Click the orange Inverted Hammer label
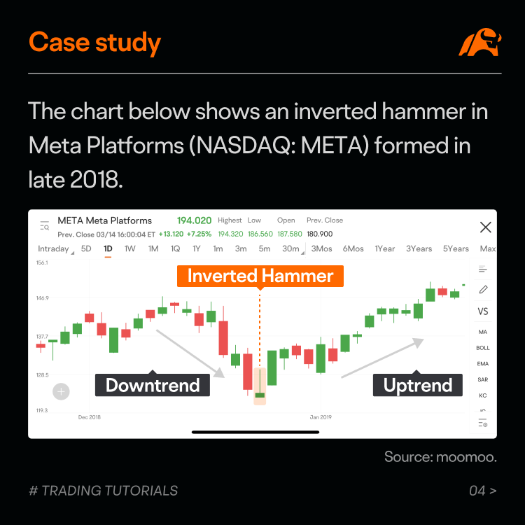[260, 276]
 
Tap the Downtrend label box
[153, 385]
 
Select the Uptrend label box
[417, 385]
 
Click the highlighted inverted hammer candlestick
[260, 386]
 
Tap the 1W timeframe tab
[130, 248]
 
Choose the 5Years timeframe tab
[456, 248]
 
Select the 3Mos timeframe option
[321, 248]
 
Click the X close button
[486, 227]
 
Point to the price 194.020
[194, 220]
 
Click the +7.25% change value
[199, 234]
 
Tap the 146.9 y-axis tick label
[42, 298]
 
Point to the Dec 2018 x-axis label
[90, 417]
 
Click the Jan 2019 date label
[321, 417]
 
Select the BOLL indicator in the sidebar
[483, 348]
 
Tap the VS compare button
[483, 311]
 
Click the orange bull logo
[480, 42]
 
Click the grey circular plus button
[62, 391]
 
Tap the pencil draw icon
[483, 290]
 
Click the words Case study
[94, 43]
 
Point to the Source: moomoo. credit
[440, 457]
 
